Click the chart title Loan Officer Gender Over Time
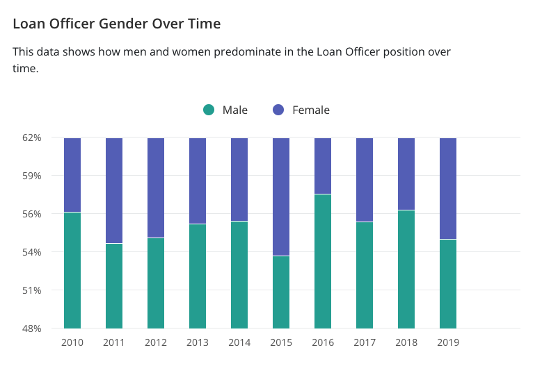pyautogui.click(x=117, y=24)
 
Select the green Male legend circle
pyautogui.click(x=209, y=110)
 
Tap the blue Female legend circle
pyautogui.click(x=278, y=110)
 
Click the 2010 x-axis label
pyautogui.click(x=72, y=342)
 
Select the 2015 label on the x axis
pyautogui.click(x=281, y=342)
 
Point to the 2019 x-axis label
pyautogui.click(x=448, y=342)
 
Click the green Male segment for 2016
pyautogui.click(x=323, y=261)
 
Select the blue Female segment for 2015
pyautogui.click(x=281, y=197)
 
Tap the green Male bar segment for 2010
pyautogui.click(x=72, y=270)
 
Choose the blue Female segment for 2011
pyautogui.click(x=114, y=190)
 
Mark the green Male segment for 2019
pyautogui.click(x=448, y=283)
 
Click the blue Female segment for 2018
pyautogui.click(x=406, y=174)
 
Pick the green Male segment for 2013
pyautogui.click(x=198, y=276)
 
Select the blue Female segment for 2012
pyautogui.click(x=156, y=188)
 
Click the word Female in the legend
pyautogui.click(x=311, y=110)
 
